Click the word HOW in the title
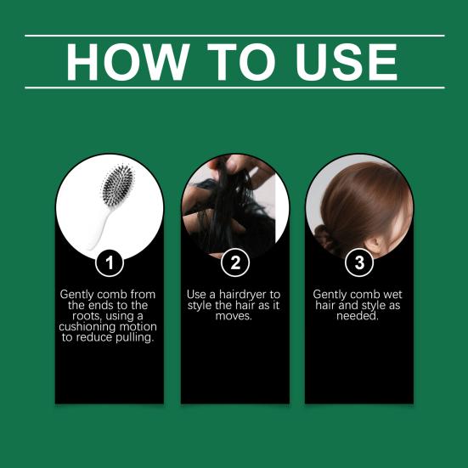[x=127, y=62]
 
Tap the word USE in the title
[x=347, y=62]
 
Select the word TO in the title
[x=241, y=62]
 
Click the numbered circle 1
[x=110, y=263]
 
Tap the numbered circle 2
[x=235, y=262]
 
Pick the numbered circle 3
[x=359, y=262]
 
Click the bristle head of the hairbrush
[x=118, y=185]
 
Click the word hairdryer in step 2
[x=243, y=295]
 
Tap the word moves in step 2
[x=234, y=316]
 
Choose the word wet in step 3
[x=392, y=295]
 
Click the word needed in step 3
[x=358, y=316]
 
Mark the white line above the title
[x=234, y=36]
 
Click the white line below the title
[x=234, y=87]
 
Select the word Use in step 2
[x=196, y=295]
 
